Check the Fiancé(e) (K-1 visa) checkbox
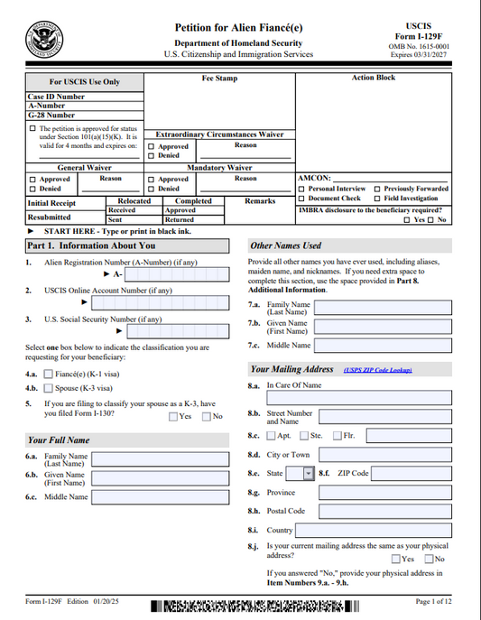(x=49, y=374)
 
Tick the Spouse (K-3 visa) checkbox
(x=49, y=387)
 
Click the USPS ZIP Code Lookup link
(x=377, y=370)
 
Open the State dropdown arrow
(x=308, y=474)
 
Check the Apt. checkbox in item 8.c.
(x=271, y=436)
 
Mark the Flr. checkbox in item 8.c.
(x=338, y=436)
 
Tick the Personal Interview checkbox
(x=302, y=189)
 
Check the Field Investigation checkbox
(x=377, y=199)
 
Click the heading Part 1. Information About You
(x=90, y=245)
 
